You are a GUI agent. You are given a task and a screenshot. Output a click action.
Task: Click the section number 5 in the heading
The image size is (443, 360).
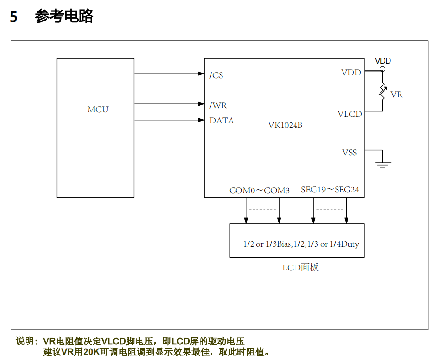coord(14,17)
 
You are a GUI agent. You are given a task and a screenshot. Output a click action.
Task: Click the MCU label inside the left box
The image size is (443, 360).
coord(98,110)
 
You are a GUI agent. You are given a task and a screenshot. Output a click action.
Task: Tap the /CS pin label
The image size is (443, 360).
coord(216,75)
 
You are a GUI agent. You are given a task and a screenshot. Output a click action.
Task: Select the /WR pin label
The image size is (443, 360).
coord(218,106)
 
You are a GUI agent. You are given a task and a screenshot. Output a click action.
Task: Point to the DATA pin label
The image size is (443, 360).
coord(221,121)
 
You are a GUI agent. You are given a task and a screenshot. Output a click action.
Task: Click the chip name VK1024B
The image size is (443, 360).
coord(285,125)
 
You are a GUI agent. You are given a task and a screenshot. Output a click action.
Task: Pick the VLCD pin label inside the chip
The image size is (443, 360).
coord(349,114)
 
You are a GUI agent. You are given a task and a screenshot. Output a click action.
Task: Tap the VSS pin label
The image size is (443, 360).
coord(349,153)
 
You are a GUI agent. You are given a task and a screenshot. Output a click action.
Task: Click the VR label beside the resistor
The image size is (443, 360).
coord(396,95)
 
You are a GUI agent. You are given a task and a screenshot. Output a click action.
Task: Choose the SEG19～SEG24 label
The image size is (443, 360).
coord(330,190)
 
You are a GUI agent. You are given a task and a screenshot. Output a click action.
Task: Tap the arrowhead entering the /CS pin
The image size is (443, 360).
coord(201,74)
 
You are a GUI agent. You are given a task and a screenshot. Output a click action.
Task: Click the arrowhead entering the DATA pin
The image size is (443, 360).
coord(201,120)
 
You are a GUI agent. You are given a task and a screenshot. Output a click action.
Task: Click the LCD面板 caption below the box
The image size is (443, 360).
coord(300,267)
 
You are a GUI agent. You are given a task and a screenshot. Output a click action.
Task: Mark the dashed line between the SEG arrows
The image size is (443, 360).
coord(329,210)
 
